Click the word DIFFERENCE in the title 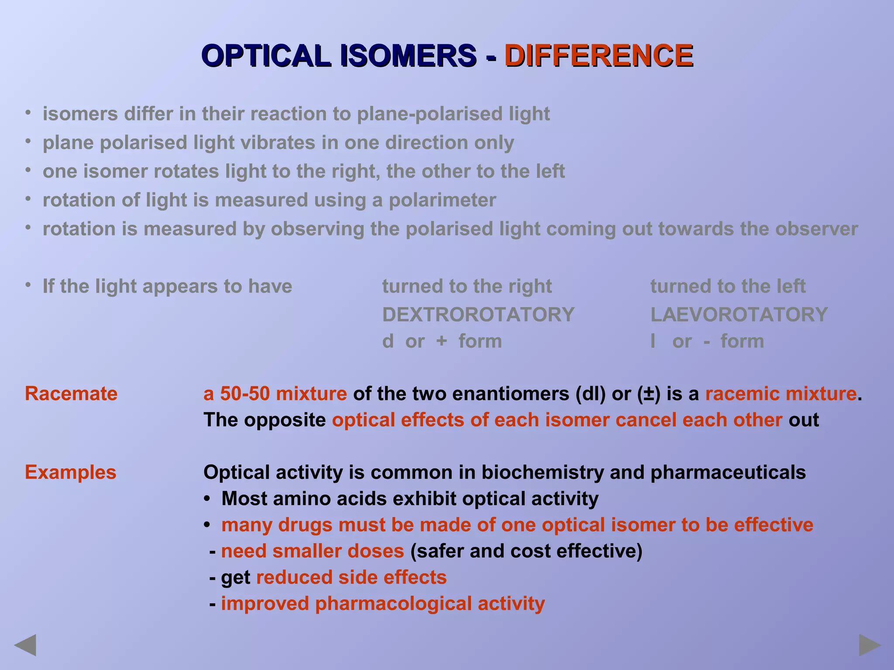click(598, 56)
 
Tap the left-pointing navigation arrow click(25, 645)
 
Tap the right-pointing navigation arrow click(870, 645)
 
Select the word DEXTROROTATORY click(478, 314)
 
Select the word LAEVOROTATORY click(739, 314)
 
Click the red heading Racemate click(71, 393)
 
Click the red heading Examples click(71, 472)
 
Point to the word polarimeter click(442, 200)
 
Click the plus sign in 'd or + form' click(441, 341)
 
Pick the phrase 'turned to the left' click(728, 287)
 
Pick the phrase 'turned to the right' click(467, 287)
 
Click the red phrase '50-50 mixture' click(283, 393)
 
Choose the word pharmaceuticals click(728, 472)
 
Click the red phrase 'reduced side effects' click(351, 578)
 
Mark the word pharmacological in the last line click(393, 604)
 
